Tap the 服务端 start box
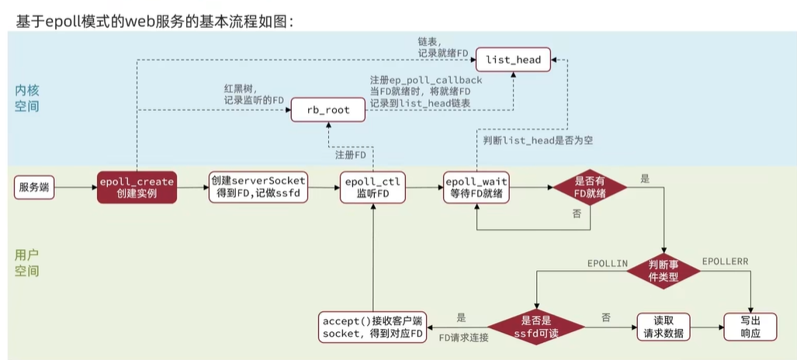pyautogui.click(x=35, y=187)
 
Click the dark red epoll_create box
pyautogui.click(x=137, y=187)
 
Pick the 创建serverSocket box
pyautogui.click(x=258, y=187)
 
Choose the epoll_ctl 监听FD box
pyautogui.click(x=374, y=187)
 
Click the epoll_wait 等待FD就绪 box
pyautogui.click(x=476, y=187)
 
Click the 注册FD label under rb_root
pyautogui.click(x=350, y=155)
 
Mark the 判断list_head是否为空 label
pyautogui.click(x=540, y=140)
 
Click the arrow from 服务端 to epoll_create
pyautogui.click(x=76, y=187)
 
